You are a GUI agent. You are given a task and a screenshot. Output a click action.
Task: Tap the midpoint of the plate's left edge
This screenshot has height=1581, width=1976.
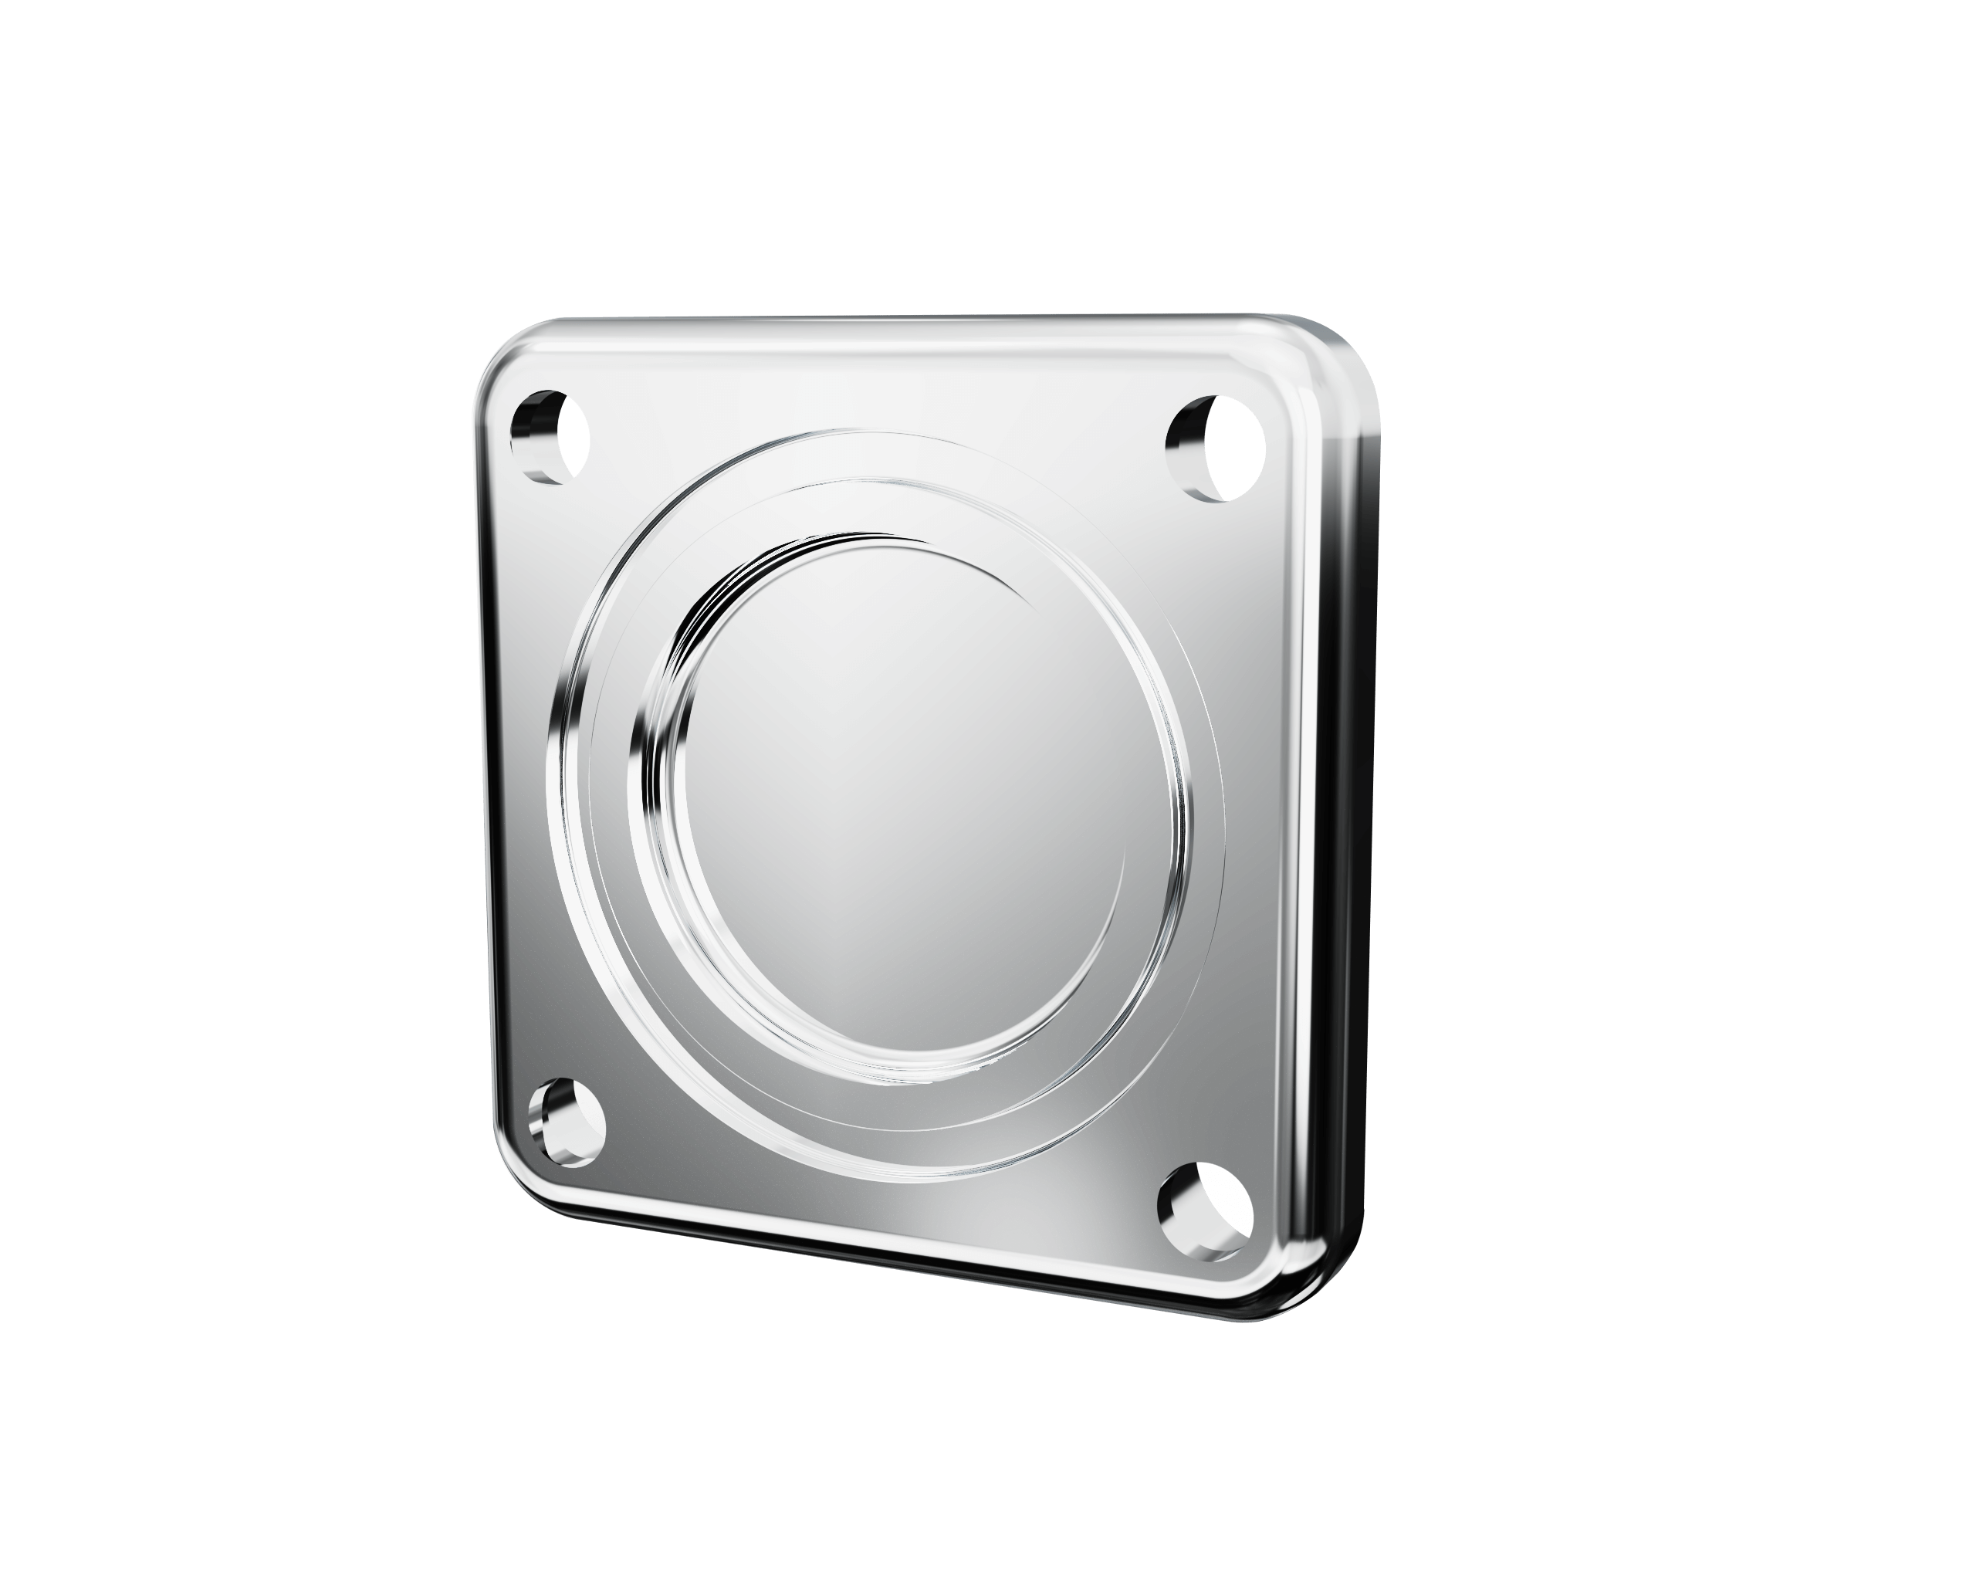[484, 779]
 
